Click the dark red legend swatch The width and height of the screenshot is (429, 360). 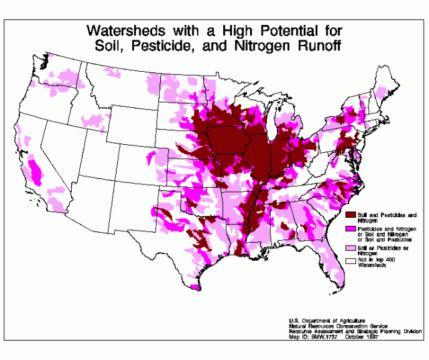[x=349, y=215]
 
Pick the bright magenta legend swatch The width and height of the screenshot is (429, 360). [x=349, y=229]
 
